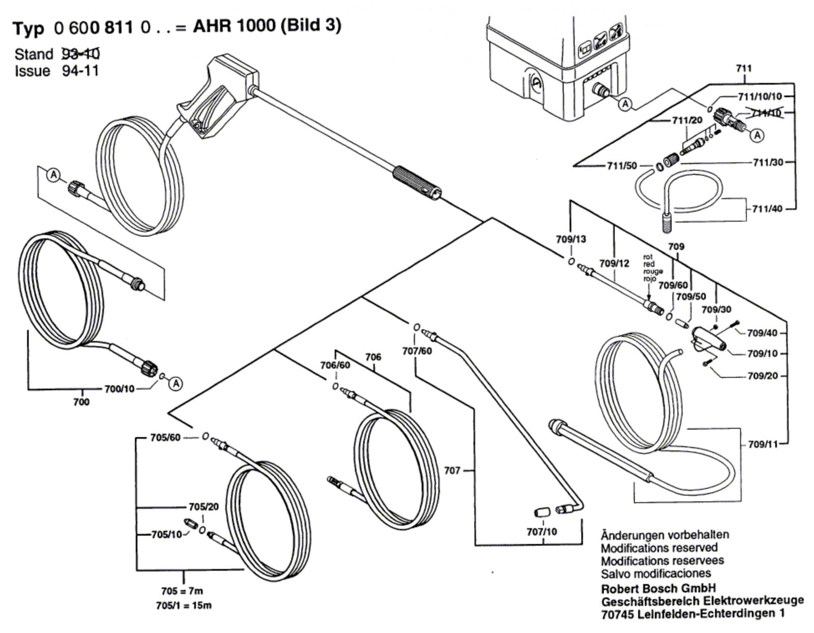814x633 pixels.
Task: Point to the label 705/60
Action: click(x=165, y=437)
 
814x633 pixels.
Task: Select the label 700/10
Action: click(x=119, y=389)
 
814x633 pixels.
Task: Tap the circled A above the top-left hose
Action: click(x=53, y=175)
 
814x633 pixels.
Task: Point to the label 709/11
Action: click(x=763, y=444)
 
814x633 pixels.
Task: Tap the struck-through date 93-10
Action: click(x=80, y=53)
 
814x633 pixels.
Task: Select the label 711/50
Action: click(x=621, y=166)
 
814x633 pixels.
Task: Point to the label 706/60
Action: click(x=335, y=365)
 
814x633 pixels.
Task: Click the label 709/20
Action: click(x=763, y=376)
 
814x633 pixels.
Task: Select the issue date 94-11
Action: click(x=80, y=71)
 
